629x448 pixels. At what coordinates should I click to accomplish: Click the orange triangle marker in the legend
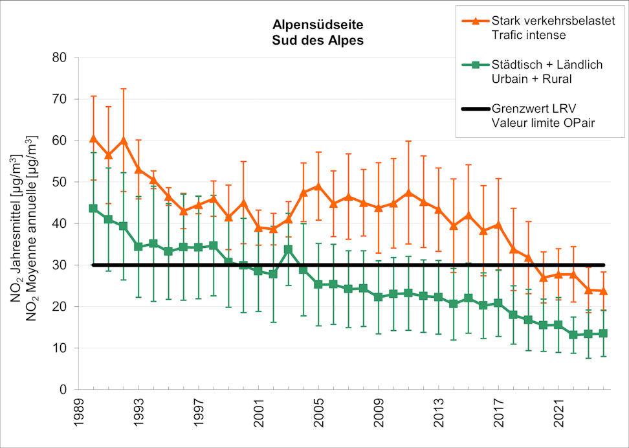pos(474,21)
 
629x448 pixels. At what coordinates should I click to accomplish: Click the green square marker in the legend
pos(474,65)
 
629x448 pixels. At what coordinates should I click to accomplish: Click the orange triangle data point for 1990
pos(93,138)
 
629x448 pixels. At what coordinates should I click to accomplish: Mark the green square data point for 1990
pos(93,208)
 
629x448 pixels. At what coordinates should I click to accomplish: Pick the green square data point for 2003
pos(289,249)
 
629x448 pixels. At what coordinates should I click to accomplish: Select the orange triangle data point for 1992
pos(124,140)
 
